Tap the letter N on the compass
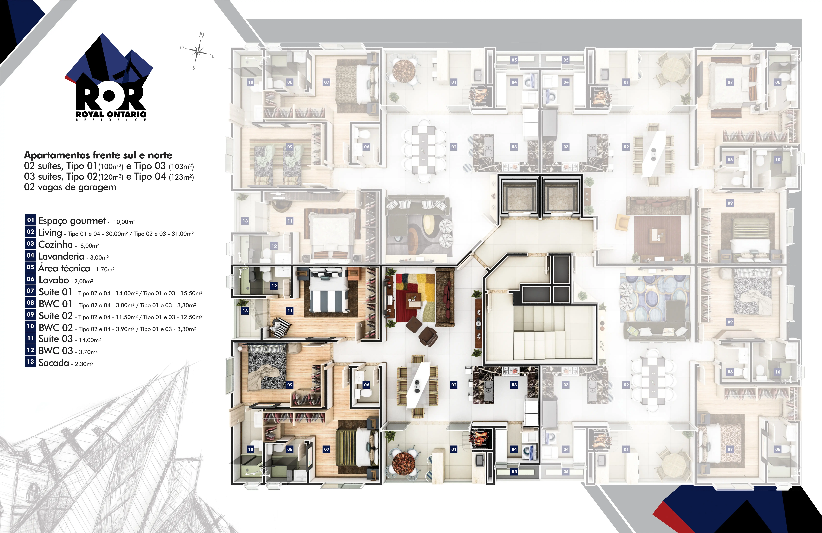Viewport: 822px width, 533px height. [x=202, y=35]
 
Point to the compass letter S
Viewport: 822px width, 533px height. [x=194, y=68]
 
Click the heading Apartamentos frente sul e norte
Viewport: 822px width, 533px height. [x=98, y=155]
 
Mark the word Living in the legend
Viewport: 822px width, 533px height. [x=50, y=233]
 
